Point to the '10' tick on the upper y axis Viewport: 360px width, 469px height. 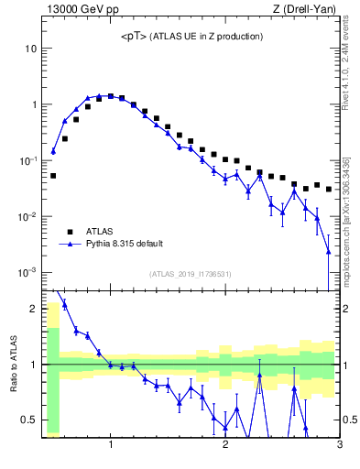click(30, 48)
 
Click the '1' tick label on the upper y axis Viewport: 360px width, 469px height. click(33, 104)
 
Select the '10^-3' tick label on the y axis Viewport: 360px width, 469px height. click(27, 273)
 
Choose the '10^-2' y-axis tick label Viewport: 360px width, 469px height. click(27, 217)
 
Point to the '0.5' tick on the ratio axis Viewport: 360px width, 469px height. click(28, 420)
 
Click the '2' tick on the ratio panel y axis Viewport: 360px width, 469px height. click(33, 308)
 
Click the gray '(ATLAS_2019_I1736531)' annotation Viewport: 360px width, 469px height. click(191, 274)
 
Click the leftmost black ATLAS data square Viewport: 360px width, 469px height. click(53, 175)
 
